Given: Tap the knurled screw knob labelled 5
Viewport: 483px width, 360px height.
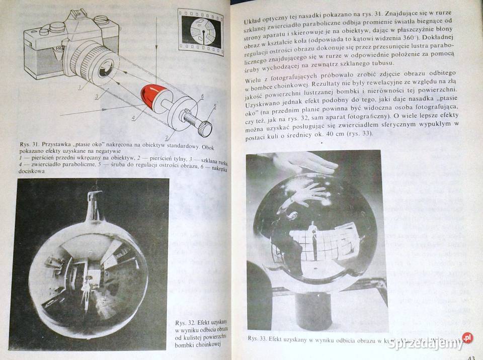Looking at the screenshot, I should [204, 128].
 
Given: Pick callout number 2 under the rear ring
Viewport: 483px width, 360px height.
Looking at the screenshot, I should [167, 137].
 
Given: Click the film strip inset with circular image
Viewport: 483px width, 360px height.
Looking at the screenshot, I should [201, 32].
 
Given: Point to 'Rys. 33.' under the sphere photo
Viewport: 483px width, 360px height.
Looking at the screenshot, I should [260, 338].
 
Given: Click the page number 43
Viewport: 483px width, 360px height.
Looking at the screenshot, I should [471, 356].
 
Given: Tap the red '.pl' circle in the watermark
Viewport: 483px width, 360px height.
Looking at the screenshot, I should [467, 338].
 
